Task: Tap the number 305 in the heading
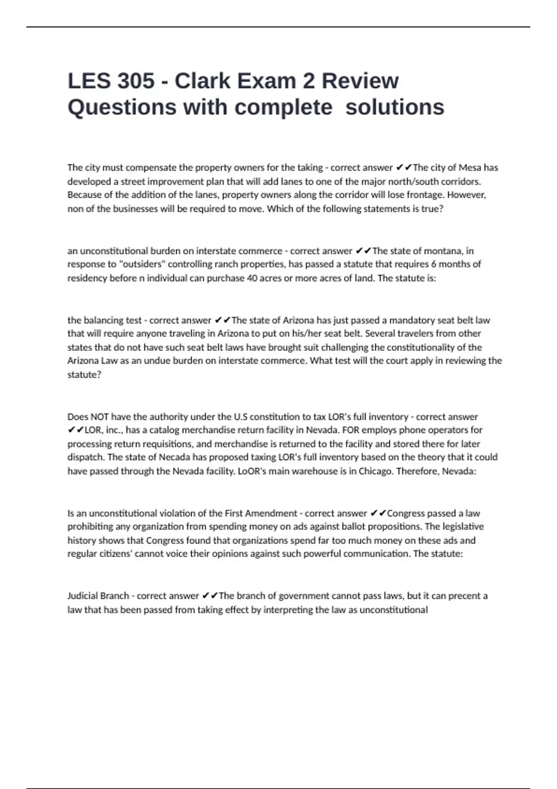pyautogui.click(x=136, y=81)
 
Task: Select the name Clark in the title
pyautogui.click(x=202, y=81)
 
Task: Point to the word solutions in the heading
pyautogui.click(x=395, y=107)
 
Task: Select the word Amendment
pyautogui.click(x=274, y=513)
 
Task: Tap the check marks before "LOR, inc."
pyautogui.click(x=76, y=430)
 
